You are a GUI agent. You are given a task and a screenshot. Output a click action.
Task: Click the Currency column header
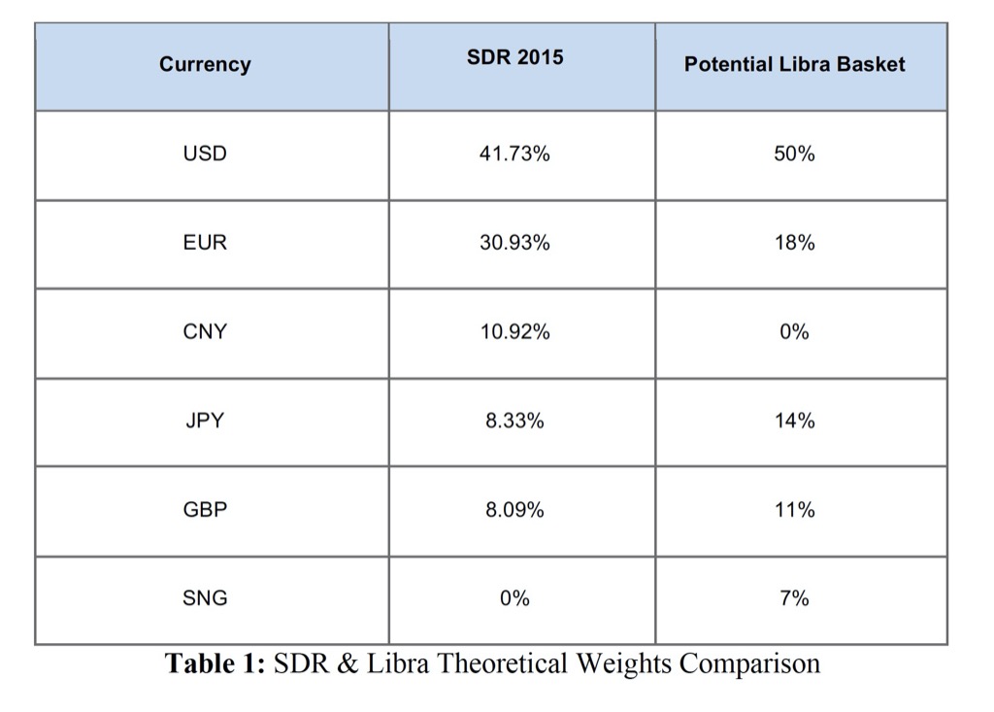[x=205, y=65]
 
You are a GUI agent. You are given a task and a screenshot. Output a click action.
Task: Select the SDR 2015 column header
[x=514, y=57]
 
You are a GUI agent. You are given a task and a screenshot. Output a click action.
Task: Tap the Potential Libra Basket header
[x=794, y=65]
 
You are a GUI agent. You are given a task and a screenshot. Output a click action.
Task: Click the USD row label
[x=205, y=153]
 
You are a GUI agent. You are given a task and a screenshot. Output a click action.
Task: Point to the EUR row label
[x=205, y=243]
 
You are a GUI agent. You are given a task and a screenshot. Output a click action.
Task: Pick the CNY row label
[x=205, y=331]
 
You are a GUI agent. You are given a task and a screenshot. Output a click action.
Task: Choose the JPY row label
[x=205, y=421]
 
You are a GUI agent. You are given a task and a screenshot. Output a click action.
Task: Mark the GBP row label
[x=205, y=509]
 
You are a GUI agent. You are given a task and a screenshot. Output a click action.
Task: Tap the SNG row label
[x=205, y=598]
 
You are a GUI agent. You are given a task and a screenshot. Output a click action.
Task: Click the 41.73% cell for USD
[x=514, y=153]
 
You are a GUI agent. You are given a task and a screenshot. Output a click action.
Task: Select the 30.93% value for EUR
[x=514, y=243]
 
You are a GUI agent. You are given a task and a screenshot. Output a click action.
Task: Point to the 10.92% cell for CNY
[x=514, y=331]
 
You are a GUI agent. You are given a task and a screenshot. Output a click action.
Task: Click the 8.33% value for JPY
[x=514, y=421]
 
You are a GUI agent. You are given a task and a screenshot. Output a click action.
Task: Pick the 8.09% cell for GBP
[x=514, y=509]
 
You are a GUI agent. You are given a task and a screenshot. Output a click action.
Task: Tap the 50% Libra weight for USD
[x=794, y=153]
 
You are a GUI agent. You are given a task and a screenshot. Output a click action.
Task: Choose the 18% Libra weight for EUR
[x=794, y=243]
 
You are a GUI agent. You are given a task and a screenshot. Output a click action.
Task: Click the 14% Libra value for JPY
[x=794, y=421]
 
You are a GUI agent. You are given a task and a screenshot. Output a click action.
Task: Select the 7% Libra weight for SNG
[x=794, y=598]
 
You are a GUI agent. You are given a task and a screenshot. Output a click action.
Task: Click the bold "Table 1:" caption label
[x=215, y=664]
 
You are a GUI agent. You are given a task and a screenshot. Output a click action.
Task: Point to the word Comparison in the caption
[x=749, y=665]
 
